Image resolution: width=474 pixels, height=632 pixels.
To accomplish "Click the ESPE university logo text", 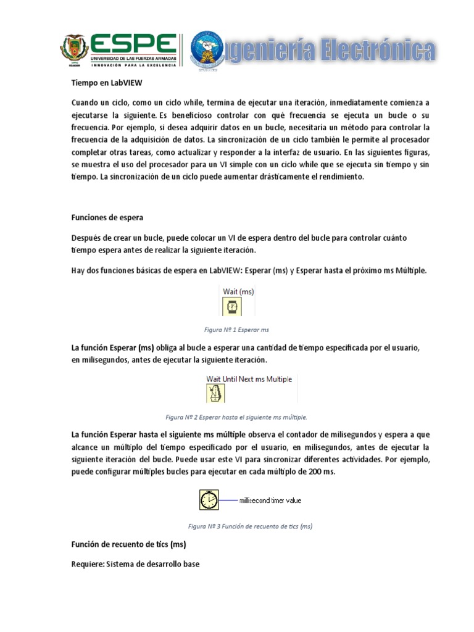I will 133,43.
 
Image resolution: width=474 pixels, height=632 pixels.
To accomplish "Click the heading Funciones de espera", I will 107,217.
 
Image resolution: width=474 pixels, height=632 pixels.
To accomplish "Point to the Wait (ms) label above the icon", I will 238,290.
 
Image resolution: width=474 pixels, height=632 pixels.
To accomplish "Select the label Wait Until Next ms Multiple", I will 249,378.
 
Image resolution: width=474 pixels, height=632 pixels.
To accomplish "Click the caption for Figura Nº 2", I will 236,417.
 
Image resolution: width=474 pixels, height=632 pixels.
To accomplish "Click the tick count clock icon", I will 209,500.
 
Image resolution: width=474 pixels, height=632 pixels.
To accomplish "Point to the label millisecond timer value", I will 270,501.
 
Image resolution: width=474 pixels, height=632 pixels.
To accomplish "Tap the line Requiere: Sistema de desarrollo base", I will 136,563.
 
